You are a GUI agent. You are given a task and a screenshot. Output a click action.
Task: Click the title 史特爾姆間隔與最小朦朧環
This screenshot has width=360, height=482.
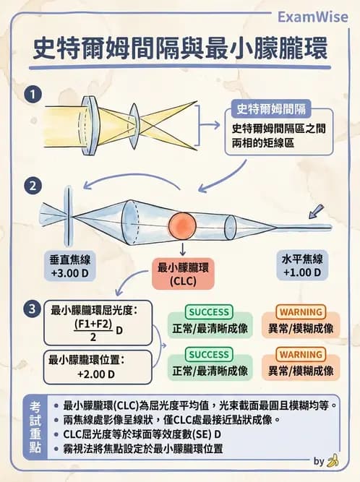click(x=180, y=50)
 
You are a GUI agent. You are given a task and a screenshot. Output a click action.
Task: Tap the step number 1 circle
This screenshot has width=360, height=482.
click(x=31, y=95)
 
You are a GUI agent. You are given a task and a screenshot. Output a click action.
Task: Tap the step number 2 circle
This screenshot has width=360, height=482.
click(x=31, y=186)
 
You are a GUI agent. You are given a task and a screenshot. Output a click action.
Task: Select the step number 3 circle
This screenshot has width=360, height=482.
click(x=31, y=309)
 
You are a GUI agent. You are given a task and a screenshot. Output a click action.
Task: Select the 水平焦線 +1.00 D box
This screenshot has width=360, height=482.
click(x=301, y=267)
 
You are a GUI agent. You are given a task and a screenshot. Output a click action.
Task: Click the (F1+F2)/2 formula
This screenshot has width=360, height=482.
click(x=93, y=330)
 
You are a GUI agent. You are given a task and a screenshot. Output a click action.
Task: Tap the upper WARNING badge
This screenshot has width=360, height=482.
click(x=300, y=312)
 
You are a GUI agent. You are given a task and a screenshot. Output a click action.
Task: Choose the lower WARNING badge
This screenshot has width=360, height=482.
click(x=300, y=355)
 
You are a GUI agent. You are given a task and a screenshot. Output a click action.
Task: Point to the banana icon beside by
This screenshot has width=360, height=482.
click(x=333, y=461)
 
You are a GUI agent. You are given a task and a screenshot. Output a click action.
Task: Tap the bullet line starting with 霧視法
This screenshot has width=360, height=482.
click(x=145, y=448)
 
